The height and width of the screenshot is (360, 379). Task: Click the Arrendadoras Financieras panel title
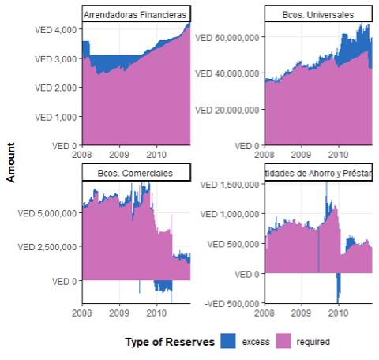(x=135, y=15)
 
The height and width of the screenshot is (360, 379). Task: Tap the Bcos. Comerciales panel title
(x=135, y=173)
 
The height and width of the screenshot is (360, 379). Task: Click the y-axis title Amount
(x=11, y=163)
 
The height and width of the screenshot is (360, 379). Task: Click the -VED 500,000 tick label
(x=231, y=303)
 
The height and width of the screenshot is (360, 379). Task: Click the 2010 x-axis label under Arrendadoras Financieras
(x=156, y=156)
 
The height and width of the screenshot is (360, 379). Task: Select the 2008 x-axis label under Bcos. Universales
(x=265, y=156)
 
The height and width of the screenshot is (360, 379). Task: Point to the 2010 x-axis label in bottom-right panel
(x=339, y=313)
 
